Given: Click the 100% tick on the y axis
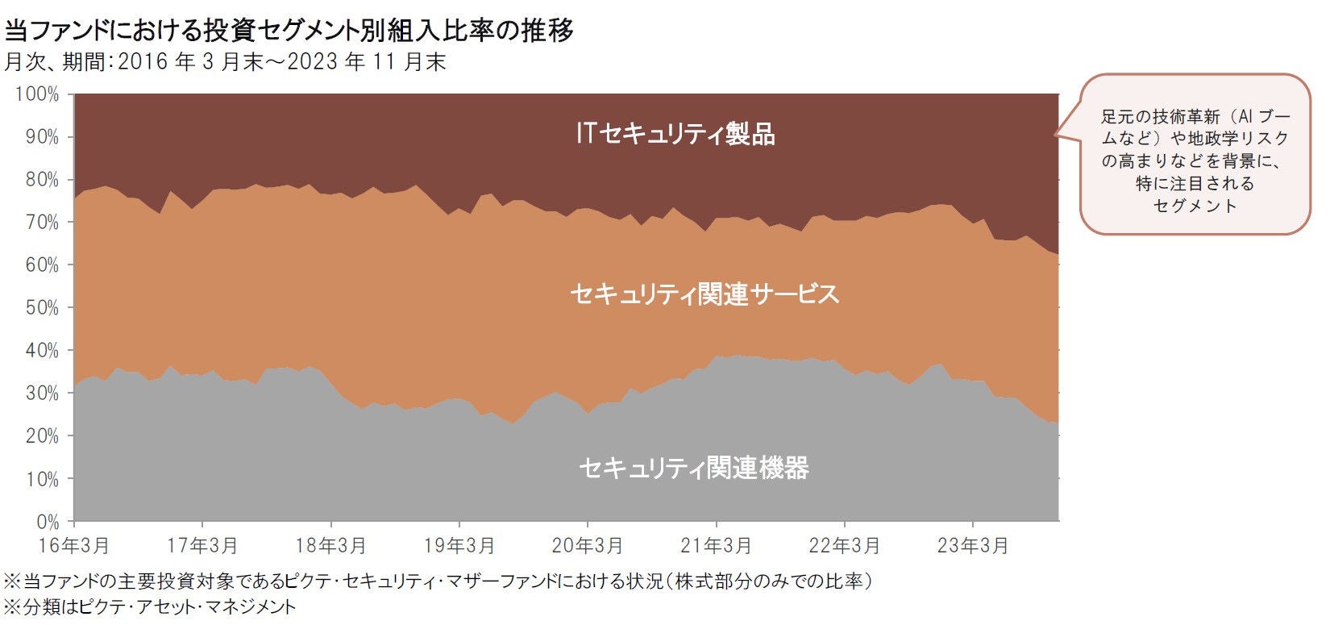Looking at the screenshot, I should point(37,94).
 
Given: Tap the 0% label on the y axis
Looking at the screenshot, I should point(48,522).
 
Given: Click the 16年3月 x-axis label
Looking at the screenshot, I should point(73,546).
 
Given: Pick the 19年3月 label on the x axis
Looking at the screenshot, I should point(459,546).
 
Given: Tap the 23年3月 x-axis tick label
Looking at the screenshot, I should point(973,546).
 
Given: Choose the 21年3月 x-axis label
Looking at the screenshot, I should point(716,546).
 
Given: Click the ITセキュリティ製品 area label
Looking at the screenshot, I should point(675,134).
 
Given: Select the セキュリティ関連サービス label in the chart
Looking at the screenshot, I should point(704,294).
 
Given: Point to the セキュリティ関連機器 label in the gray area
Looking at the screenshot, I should point(693,468).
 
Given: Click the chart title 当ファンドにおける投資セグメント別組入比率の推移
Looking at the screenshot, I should point(289,31).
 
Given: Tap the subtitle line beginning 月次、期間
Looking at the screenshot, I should point(225,62).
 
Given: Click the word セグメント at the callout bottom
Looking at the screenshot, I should point(1195,206).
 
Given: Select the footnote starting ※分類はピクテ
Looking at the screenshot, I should point(151,607).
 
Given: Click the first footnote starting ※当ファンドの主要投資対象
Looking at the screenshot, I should point(439,581).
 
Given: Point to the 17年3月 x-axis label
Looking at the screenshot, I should point(202,546).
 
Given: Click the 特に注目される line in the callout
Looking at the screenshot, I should point(1195,183).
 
